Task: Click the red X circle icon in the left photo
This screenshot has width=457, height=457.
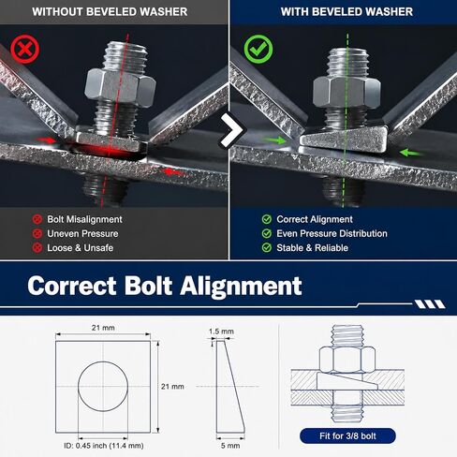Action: click(25, 50)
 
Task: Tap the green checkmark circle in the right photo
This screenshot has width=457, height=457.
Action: click(258, 49)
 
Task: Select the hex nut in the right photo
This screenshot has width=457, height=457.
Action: click(346, 92)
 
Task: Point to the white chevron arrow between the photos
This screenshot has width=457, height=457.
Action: click(231, 130)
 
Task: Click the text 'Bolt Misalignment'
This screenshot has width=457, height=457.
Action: click(84, 219)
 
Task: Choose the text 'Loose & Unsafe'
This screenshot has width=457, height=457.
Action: click(81, 248)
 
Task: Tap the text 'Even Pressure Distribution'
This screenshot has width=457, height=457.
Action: click(332, 233)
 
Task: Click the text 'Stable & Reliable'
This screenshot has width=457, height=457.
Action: click(313, 248)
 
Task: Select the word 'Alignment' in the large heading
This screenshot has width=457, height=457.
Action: click(241, 287)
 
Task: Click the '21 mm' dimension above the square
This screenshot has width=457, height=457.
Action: click(103, 328)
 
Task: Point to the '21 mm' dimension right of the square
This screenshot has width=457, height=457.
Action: click(172, 387)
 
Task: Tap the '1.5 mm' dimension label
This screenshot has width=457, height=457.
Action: click(221, 332)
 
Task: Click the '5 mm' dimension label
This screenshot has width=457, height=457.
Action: click(230, 446)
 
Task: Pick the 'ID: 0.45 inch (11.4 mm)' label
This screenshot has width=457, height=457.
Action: click(104, 446)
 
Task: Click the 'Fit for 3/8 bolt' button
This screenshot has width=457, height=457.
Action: click(347, 435)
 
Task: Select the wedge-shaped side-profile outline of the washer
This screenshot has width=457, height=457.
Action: click(230, 387)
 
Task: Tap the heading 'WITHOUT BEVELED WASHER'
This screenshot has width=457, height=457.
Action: click(110, 12)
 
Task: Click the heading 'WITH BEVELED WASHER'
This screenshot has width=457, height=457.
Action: click(346, 12)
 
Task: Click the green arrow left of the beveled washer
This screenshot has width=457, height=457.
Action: click(274, 140)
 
